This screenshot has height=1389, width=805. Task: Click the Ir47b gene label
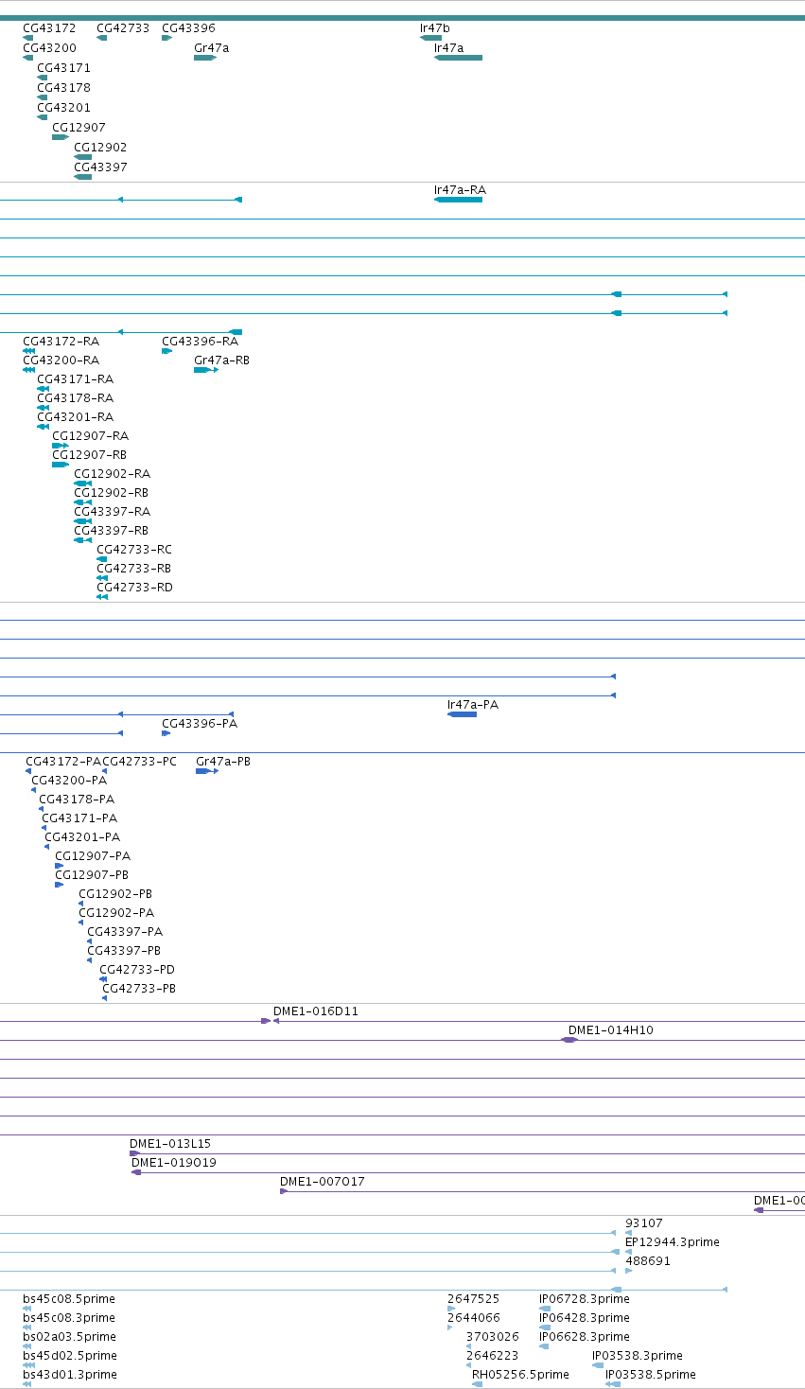click(434, 27)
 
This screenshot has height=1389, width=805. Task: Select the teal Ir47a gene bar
click(458, 58)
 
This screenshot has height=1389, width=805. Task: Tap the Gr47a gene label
click(211, 47)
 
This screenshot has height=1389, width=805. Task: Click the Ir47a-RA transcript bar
click(458, 200)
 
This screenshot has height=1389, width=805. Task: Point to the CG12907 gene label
click(79, 127)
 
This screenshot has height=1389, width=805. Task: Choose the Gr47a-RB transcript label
click(222, 360)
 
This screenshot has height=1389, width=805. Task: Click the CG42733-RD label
click(134, 588)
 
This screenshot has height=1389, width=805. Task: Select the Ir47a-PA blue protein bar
click(463, 714)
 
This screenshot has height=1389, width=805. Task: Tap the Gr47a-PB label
click(223, 762)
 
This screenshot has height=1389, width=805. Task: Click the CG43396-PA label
click(200, 724)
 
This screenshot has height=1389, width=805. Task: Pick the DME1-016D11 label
click(315, 1011)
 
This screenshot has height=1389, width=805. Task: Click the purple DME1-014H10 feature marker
click(569, 1040)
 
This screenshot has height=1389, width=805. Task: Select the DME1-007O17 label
click(323, 1181)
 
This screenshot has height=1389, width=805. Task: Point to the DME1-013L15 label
click(170, 1143)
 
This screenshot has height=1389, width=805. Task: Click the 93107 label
click(644, 1222)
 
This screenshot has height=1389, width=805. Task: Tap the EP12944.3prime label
click(673, 1242)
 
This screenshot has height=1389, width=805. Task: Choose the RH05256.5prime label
click(520, 1374)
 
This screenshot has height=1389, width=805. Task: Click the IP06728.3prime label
click(585, 1298)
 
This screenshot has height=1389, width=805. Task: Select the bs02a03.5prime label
click(69, 1336)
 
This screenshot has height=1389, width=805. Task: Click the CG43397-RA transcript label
click(113, 512)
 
